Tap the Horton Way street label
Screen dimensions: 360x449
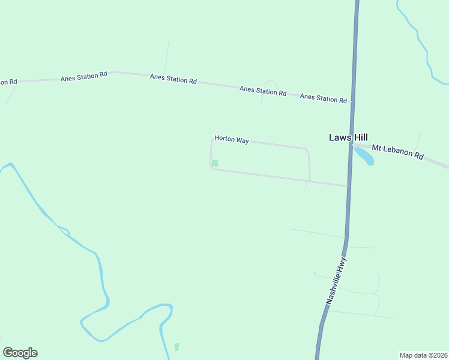click(x=232, y=140)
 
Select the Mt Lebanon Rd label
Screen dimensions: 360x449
click(x=397, y=151)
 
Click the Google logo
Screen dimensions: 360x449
click(x=20, y=353)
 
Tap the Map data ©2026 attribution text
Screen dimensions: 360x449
click(x=423, y=355)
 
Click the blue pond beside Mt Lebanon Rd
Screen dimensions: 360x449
click(x=364, y=157)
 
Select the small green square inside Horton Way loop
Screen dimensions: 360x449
click(x=215, y=163)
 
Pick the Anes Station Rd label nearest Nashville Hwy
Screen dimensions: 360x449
click(x=323, y=98)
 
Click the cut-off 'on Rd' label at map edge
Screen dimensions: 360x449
click(x=8, y=82)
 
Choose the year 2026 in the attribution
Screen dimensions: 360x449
click(x=440, y=355)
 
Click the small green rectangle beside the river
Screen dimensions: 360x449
click(x=176, y=347)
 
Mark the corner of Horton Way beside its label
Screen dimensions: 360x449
click(x=212, y=139)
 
